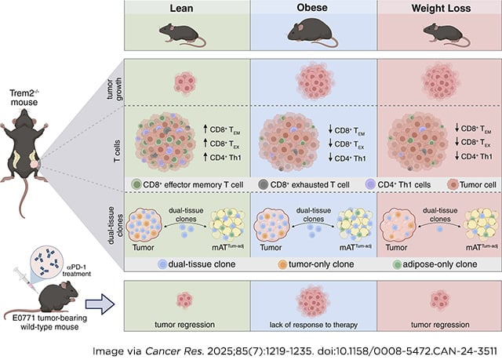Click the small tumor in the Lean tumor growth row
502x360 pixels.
pyautogui.click(x=186, y=81)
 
